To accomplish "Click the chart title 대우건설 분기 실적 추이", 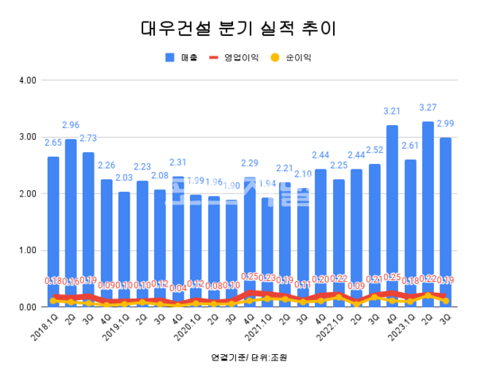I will click(x=238, y=29).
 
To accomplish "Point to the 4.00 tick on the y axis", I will click(x=27, y=80).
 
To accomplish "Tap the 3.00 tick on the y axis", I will click(x=27, y=137).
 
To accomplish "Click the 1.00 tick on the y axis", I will click(x=27, y=251).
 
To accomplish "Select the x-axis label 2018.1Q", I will click(x=45, y=325).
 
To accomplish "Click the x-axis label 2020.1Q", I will click(x=188, y=325).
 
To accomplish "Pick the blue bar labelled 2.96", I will click(x=71, y=215).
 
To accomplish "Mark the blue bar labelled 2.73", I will click(x=88, y=223).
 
